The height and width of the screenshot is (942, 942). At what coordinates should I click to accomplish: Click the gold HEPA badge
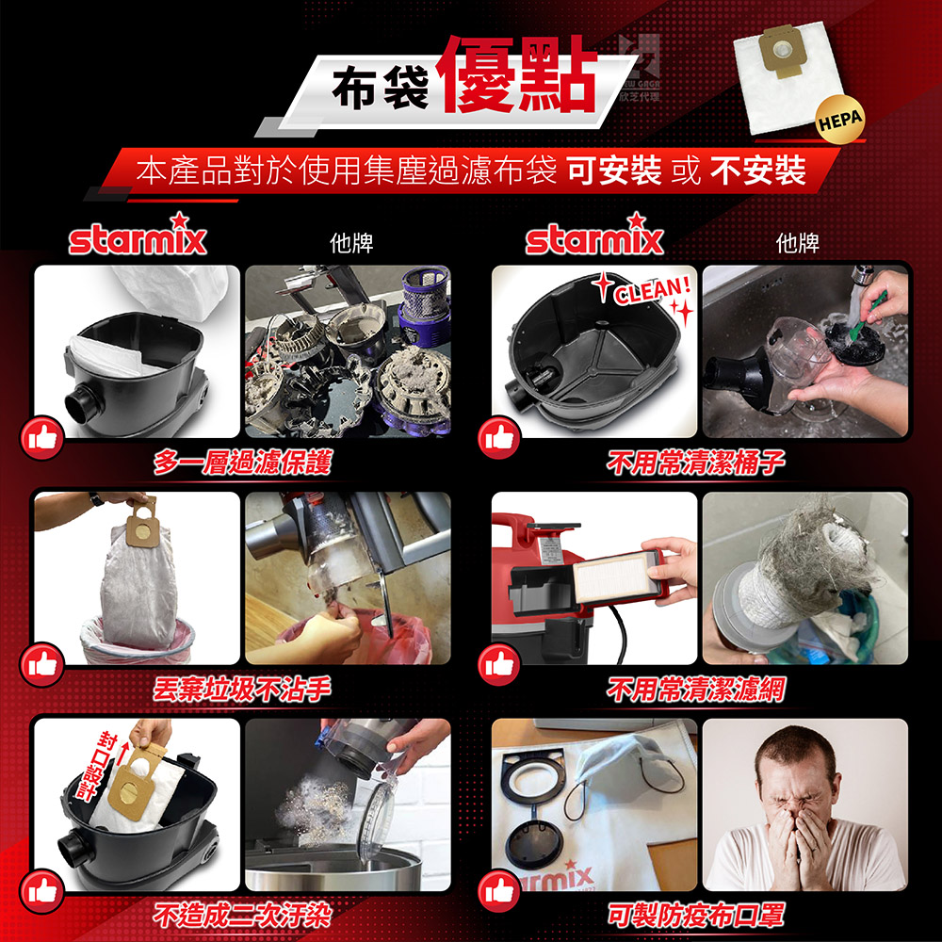(x=840, y=120)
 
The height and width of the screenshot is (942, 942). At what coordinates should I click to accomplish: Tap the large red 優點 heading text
(x=519, y=73)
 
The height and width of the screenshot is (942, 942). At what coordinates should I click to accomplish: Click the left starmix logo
(x=138, y=235)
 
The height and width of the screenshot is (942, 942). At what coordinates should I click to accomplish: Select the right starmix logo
(x=594, y=235)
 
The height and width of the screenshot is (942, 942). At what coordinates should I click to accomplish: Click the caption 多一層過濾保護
(x=242, y=462)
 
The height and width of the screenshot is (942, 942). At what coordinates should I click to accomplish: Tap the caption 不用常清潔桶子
(x=696, y=462)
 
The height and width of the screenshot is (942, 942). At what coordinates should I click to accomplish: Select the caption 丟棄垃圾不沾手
(x=242, y=689)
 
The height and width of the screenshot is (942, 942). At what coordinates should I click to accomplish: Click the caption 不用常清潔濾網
(x=696, y=689)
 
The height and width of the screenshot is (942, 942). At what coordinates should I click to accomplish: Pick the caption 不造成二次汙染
(x=242, y=915)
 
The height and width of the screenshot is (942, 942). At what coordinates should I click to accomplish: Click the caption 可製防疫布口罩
(x=696, y=915)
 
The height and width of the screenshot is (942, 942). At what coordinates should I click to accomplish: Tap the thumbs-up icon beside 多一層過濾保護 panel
(x=42, y=438)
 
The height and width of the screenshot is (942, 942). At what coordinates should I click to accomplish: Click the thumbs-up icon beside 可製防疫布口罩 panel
(x=499, y=891)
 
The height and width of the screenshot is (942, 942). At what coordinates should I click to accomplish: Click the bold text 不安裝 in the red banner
(x=757, y=170)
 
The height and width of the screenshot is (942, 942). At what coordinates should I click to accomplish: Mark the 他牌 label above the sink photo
(x=797, y=243)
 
